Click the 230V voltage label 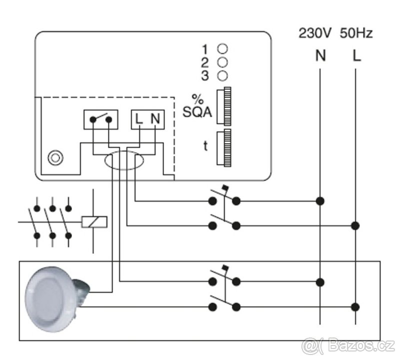pos(315,33)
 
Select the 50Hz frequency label pos(356,33)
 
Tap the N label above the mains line pos(320,55)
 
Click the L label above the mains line pos(356,55)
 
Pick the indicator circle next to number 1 pos(222,48)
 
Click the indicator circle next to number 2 pos(222,62)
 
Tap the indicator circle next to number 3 pos(222,75)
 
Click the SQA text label pos(197,112)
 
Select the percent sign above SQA pos(197,99)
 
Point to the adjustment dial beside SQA pos(224,106)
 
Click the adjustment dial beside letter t pos(224,148)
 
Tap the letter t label pos(205,146)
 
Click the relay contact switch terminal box pos(101,119)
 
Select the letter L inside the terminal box pos(138,119)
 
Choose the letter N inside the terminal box pos(155,119)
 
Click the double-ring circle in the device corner pos(55,157)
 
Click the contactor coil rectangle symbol pos(94,222)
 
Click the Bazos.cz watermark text pos(348,346)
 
